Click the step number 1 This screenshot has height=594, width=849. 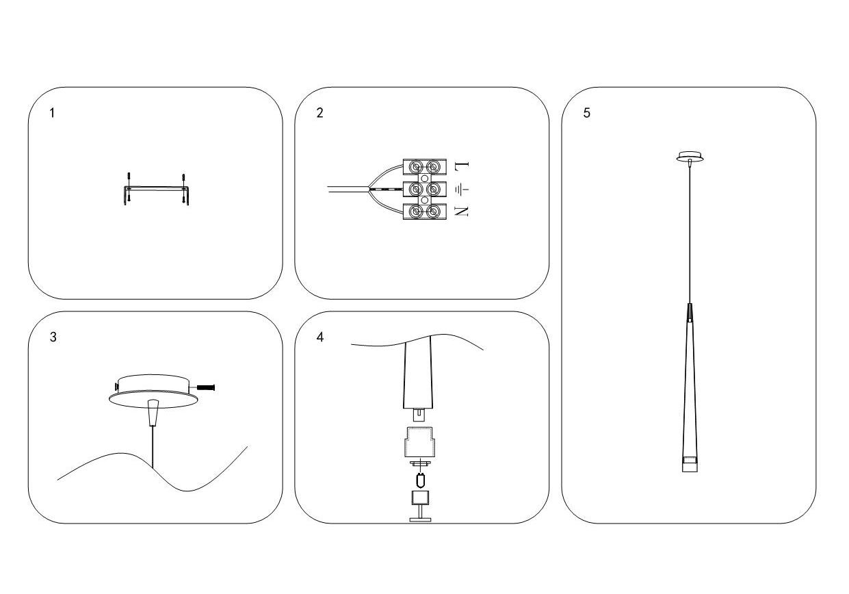point(52,113)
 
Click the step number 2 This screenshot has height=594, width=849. point(320,113)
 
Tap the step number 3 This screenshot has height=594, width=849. point(53,337)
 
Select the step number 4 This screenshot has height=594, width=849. point(320,337)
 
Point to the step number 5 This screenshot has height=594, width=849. point(587,113)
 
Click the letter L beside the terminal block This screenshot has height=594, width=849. point(462,166)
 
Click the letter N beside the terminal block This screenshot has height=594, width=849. point(461,211)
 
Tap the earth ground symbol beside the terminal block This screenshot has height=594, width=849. point(462,189)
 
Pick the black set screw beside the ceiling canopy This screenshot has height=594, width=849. point(205,387)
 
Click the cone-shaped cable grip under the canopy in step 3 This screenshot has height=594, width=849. point(153,412)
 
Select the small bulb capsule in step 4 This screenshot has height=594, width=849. point(420,480)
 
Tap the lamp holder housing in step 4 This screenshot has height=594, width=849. point(420,442)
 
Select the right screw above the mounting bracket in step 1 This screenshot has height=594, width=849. point(184,179)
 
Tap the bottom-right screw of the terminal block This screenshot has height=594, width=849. point(432,212)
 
